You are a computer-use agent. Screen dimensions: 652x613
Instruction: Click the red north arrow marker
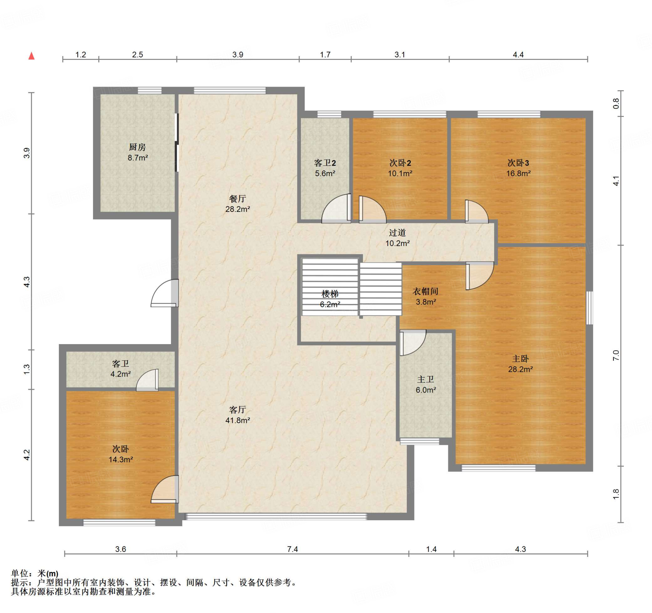32,56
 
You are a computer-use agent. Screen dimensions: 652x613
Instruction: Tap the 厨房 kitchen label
138,147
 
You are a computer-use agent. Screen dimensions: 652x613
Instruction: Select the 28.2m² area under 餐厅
238,209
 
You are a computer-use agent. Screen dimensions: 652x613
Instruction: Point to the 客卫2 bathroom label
325,163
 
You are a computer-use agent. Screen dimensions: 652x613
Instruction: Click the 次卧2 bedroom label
400,163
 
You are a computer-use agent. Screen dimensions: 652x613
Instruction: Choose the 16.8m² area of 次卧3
519,173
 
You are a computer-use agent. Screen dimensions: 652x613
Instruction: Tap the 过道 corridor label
398,233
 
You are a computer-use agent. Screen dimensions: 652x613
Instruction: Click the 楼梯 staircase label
330,294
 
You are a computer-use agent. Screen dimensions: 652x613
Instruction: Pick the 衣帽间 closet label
425,291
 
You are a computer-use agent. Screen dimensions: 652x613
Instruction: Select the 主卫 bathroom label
426,379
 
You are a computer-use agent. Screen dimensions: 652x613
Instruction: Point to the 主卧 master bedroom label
521,359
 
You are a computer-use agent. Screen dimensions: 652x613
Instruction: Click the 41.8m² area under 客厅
238,420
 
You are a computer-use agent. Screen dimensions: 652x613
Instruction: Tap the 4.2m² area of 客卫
121,374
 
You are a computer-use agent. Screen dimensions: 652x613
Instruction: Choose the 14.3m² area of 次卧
121,459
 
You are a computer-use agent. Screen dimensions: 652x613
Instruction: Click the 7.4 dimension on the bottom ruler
293,549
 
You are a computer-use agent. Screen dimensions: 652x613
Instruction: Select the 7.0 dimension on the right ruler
616,355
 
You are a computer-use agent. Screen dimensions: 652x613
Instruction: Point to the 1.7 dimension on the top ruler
325,54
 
